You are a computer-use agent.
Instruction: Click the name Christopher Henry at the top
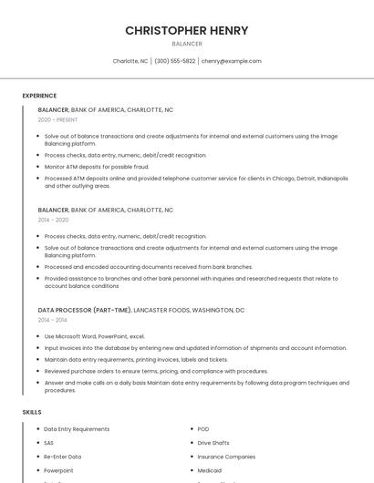186,30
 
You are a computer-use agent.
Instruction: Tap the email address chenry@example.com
231,61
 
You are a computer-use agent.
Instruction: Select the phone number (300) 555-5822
174,61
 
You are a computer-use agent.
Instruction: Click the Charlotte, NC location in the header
130,61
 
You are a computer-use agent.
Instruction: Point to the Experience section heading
39,96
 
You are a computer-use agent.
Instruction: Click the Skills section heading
32,413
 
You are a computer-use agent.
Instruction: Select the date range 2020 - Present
57,119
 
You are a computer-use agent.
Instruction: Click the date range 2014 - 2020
53,220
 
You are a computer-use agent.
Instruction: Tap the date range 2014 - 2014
53,320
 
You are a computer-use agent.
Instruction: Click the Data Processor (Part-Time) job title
85,310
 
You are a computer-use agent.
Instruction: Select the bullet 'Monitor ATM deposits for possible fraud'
97,167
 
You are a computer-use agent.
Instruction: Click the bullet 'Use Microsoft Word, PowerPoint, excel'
94,336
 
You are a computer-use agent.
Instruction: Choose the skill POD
203,429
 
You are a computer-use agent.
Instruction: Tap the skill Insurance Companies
226,457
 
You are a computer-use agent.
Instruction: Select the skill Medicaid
211,470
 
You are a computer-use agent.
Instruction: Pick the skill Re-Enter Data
62,457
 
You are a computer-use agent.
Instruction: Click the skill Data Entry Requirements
77,429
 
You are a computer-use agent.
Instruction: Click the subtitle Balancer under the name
186,44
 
